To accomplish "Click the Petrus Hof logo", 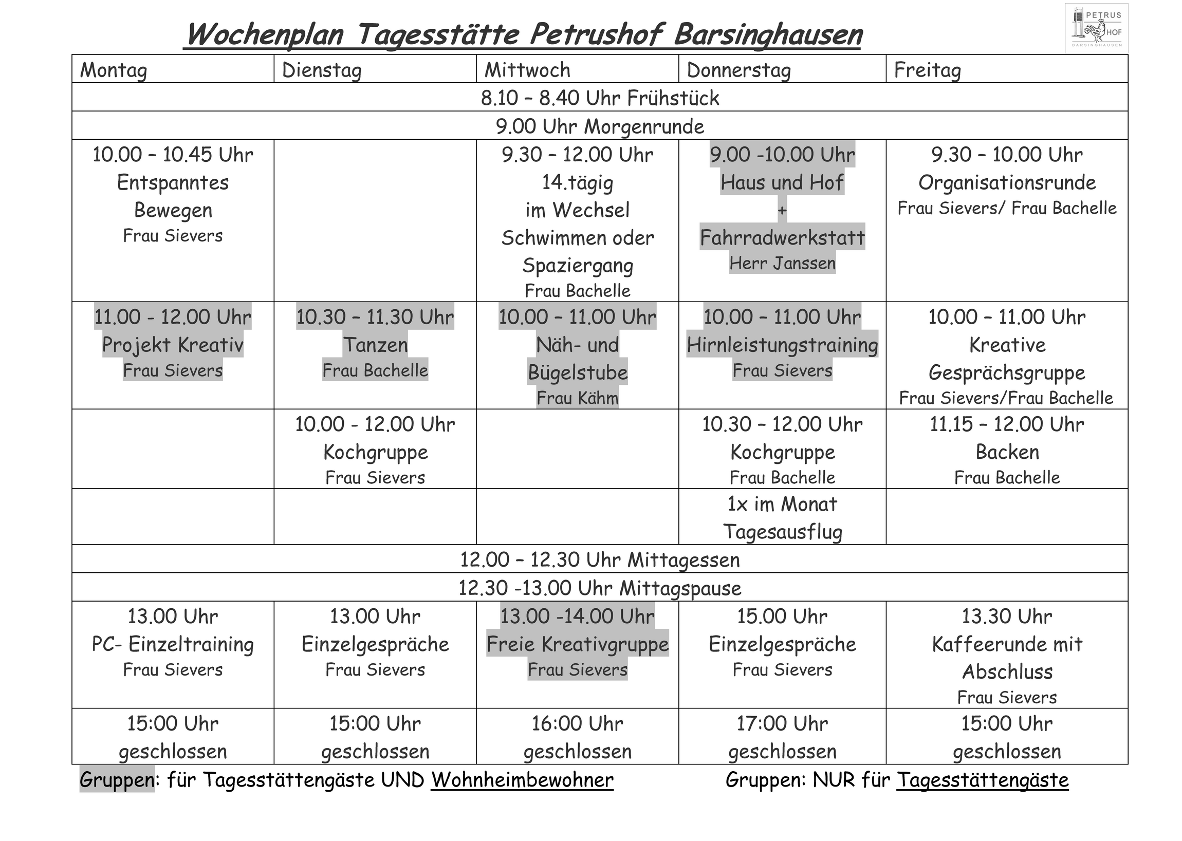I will (1096, 28).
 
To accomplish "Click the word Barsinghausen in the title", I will (768, 35).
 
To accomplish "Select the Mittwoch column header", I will (527, 70).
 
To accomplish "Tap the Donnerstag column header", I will (738, 70).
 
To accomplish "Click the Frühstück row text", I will (600, 98).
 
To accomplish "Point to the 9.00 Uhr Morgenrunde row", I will (600, 126).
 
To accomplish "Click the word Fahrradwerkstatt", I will (782, 238).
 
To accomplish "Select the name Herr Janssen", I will (782, 264).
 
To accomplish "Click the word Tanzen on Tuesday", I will (375, 345).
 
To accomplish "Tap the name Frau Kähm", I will (577, 398).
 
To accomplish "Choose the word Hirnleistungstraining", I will (782, 345).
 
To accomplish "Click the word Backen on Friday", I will (1007, 452).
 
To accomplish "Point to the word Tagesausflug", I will (782, 532).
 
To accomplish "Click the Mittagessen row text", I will (600, 560).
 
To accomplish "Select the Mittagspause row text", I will (600, 588).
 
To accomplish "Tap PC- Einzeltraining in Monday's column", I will (173, 644).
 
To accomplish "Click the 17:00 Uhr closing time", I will (782, 723).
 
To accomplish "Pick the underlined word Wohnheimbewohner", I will (522, 780).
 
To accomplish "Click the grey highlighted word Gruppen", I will (117, 780).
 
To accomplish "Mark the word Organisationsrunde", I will (1007, 182).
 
